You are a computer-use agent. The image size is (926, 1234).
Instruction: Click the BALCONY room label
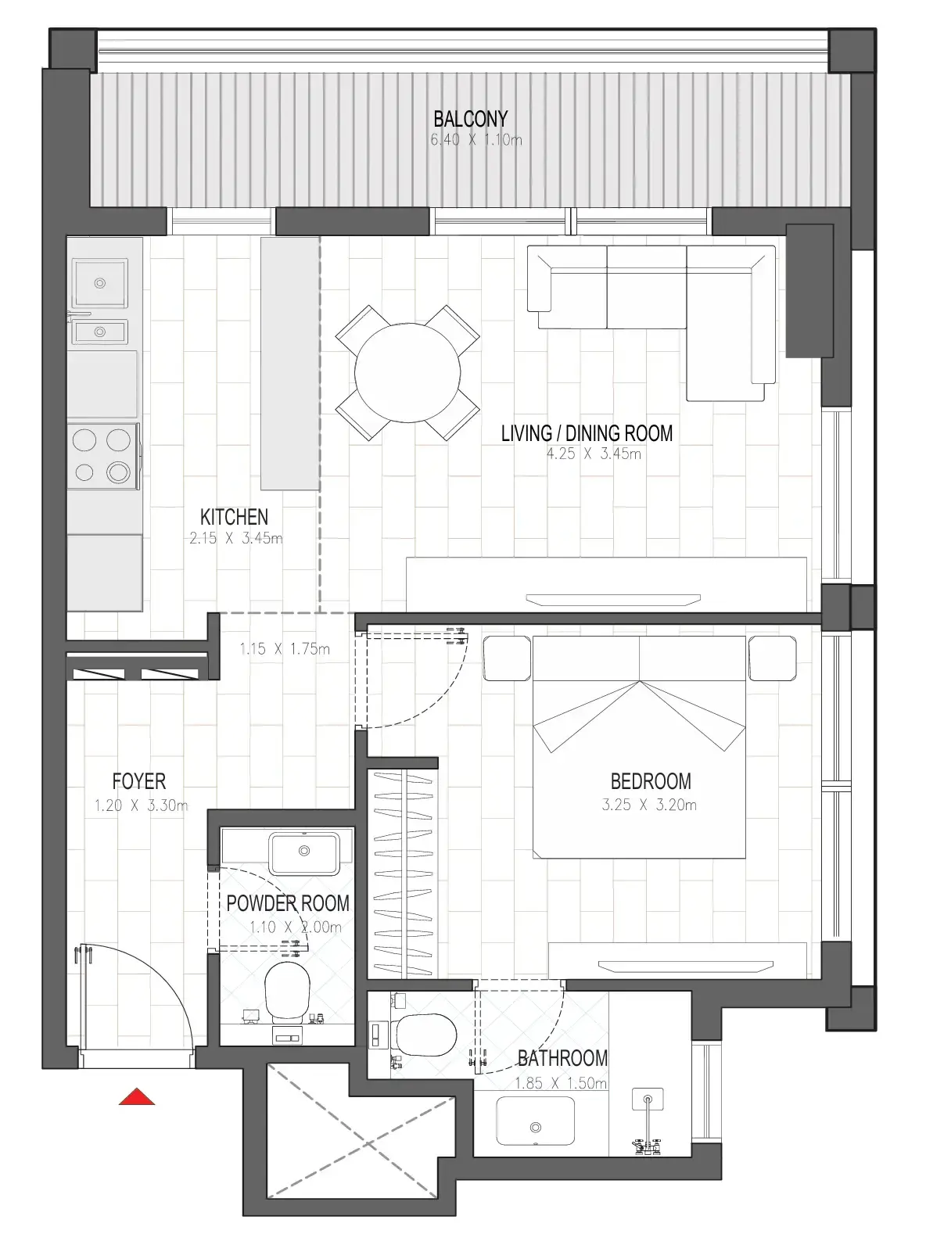pyautogui.click(x=470, y=119)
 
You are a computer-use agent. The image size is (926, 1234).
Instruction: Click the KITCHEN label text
pyautogui.click(x=234, y=517)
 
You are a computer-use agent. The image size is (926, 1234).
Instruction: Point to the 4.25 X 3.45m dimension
pyautogui.click(x=594, y=454)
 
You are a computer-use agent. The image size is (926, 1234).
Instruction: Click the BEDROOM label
pyautogui.click(x=650, y=781)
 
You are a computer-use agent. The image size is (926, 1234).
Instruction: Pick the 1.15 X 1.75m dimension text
pyautogui.click(x=285, y=649)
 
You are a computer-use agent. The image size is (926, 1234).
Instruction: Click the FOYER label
pyautogui.click(x=139, y=781)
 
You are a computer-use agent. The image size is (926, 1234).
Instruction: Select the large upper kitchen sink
pyautogui.click(x=99, y=283)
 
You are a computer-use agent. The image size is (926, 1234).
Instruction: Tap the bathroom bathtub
pyautogui.click(x=535, y=1126)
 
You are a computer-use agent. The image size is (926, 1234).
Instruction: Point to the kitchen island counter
pyautogui.click(x=290, y=363)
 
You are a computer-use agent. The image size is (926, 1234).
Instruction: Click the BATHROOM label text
pyautogui.click(x=562, y=1058)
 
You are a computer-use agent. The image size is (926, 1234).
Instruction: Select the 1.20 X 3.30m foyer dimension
pyautogui.click(x=141, y=805)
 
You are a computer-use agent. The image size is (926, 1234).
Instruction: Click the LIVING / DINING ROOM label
pyautogui.click(x=587, y=432)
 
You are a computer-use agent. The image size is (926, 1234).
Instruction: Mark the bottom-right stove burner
pyautogui.click(x=118, y=472)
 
